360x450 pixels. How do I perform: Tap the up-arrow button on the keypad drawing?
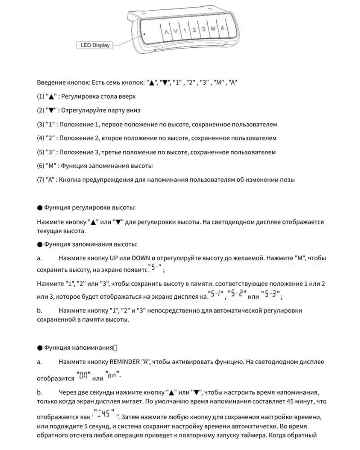[x=166, y=32]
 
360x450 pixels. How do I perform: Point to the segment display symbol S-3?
[x=271, y=296]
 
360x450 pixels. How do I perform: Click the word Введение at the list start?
[x=50, y=83]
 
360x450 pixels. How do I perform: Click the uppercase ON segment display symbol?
[x=84, y=375]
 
